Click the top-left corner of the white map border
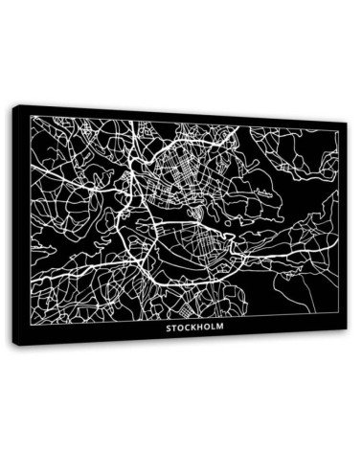click(30, 116)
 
